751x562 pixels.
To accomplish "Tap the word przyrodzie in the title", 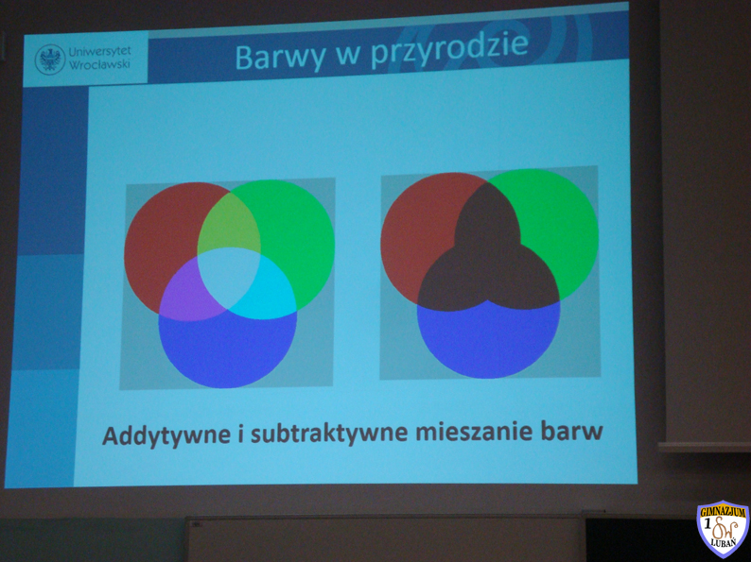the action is [x=449, y=50].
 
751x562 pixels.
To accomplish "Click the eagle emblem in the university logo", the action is [x=50, y=60].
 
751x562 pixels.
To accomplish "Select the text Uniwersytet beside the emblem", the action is [x=99, y=52].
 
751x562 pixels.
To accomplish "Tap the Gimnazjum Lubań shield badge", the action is [x=723, y=529].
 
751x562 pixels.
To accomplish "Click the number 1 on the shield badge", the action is [x=707, y=524].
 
